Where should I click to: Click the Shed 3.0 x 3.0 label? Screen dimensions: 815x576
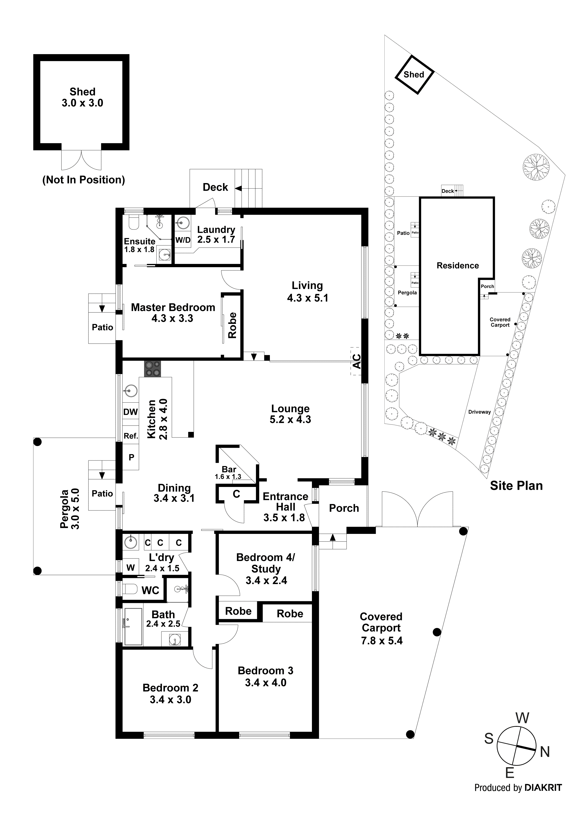(82, 97)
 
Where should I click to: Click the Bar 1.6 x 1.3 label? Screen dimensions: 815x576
(229, 473)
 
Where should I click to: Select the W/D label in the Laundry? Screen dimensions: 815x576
(183, 240)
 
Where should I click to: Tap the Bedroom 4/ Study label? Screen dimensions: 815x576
(265, 569)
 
